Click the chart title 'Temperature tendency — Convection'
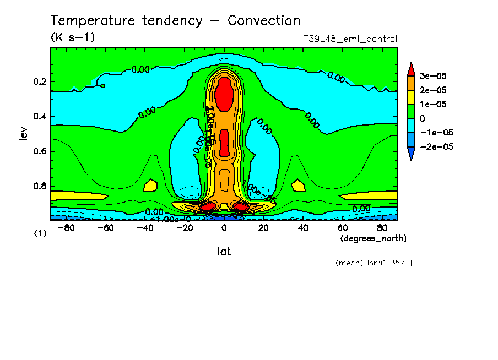click(176, 21)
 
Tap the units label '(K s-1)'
click(73, 38)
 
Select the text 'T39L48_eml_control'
click(350, 39)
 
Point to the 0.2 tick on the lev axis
click(40, 82)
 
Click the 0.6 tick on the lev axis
click(40, 151)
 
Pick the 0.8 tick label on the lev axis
click(40, 186)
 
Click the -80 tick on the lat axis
click(65, 228)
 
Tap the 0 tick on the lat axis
click(224, 228)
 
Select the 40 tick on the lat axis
click(303, 228)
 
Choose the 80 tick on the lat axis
click(382, 228)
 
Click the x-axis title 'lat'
click(224, 252)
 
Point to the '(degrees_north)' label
click(373, 238)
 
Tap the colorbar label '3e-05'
click(434, 76)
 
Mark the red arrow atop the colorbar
click(411, 68)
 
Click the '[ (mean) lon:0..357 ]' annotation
click(370, 263)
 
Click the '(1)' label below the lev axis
click(40, 233)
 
